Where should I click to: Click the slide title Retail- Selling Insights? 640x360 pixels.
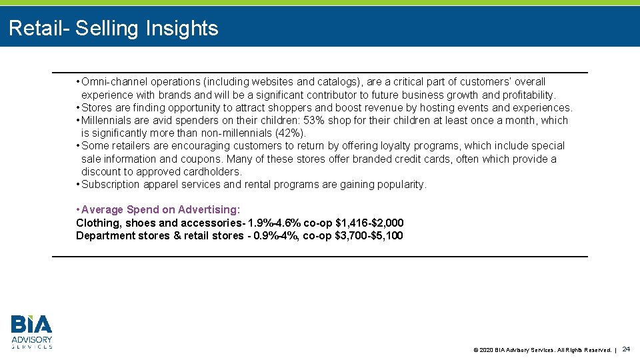[113, 28]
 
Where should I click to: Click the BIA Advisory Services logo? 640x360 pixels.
[31, 331]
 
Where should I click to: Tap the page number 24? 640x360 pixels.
[626, 349]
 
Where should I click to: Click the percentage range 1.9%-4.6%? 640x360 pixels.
[273, 223]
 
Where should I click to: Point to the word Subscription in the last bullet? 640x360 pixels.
[111, 185]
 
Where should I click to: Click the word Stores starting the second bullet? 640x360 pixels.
[96, 108]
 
